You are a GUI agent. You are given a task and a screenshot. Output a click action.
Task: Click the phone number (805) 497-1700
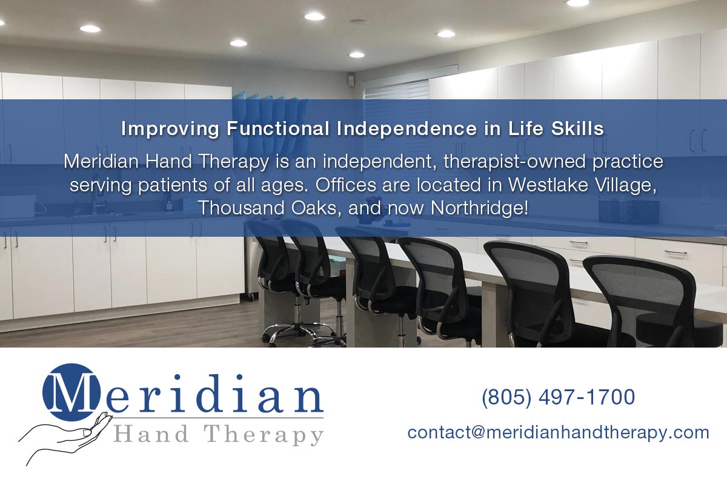tap(558, 397)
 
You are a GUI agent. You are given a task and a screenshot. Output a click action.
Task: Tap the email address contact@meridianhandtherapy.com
tap(558, 433)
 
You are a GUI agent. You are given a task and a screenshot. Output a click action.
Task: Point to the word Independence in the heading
tap(407, 128)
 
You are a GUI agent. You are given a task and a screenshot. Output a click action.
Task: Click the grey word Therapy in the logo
tap(263, 435)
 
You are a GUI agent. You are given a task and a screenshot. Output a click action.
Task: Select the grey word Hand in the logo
tap(151, 434)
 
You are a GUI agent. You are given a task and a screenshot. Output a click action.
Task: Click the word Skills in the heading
tap(577, 128)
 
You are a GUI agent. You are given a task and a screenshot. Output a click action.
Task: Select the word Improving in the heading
tap(170, 129)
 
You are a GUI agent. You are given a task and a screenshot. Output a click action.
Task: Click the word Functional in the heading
tap(278, 128)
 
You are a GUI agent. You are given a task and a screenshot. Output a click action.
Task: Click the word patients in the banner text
tap(172, 185)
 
